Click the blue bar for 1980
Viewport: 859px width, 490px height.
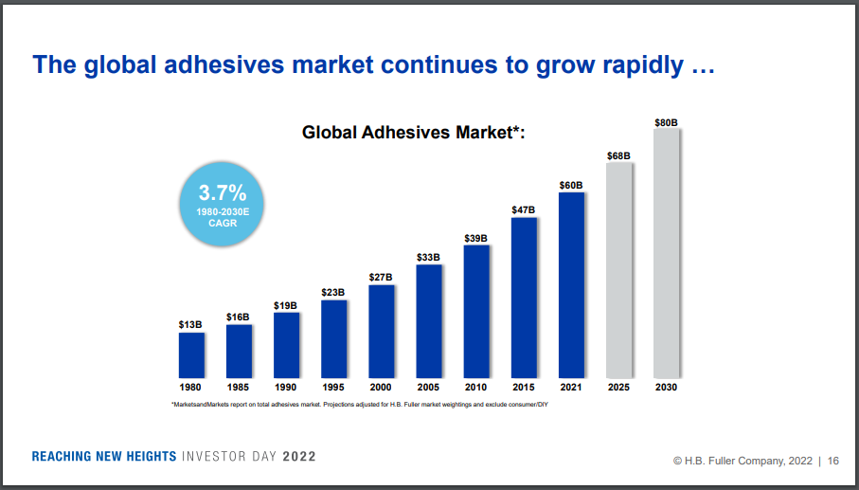(x=191, y=354)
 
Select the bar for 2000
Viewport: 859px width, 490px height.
(x=382, y=331)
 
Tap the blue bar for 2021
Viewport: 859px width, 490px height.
(x=572, y=284)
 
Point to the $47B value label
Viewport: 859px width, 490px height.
(x=524, y=209)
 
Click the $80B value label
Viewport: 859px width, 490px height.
(x=667, y=122)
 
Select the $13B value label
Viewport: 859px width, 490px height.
(x=190, y=324)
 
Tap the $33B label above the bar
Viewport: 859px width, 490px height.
(x=429, y=257)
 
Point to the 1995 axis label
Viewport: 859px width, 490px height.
(x=333, y=388)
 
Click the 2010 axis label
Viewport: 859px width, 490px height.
(x=476, y=388)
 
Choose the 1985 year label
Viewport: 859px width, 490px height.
(x=239, y=388)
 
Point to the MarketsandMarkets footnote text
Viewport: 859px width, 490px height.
(x=360, y=405)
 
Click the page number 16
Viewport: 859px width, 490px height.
(x=833, y=461)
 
